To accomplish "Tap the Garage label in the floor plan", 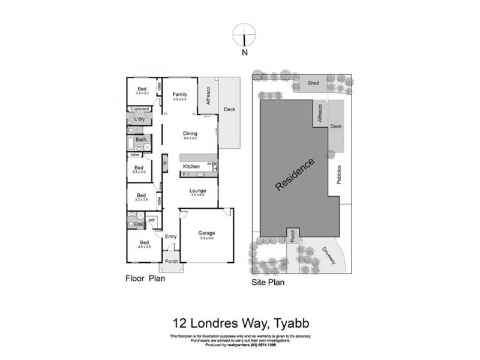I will [206, 232].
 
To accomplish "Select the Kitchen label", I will [191, 166].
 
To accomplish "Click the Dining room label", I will [190, 134].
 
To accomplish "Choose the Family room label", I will [180, 95].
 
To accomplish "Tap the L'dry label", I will [140, 119].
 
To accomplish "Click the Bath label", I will [140, 140].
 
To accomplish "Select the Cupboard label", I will [140, 109].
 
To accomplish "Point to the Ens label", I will [138, 225].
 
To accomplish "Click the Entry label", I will [170, 236].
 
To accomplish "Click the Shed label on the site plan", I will [313, 83].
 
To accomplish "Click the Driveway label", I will [329, 257].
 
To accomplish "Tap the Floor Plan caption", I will [145, 278].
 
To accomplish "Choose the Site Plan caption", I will [267, 280].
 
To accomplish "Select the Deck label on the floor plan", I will [229, 109].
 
